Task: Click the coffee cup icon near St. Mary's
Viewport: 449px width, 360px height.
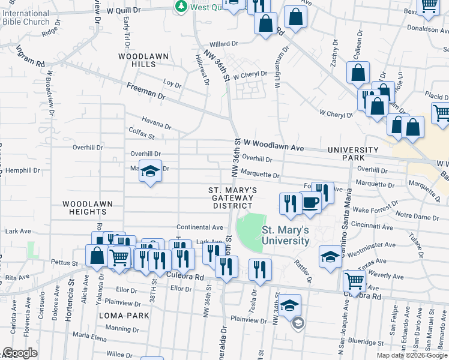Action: coord(310,203)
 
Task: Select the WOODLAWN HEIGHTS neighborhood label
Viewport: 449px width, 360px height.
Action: coord(88,208)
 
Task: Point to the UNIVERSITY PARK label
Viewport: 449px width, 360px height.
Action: coord(353,154)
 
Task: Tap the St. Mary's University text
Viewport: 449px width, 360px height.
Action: coord(286,235)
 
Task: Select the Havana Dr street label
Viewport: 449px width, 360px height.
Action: coord(156,122)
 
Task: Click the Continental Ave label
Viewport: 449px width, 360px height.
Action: coord(199,227)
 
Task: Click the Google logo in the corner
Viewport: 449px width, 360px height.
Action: coord(20,353)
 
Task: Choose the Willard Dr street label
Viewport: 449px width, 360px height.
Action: coord(224,44)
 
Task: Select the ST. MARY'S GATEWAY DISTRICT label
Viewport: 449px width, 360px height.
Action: coord(233,198)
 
